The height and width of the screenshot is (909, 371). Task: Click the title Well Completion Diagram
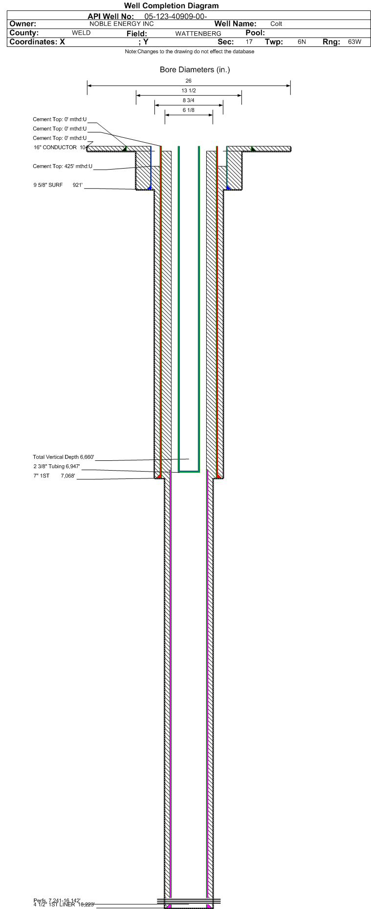pyautogui.click(x=171, y=6)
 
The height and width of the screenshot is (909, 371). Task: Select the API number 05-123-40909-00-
pyautogui.click(x=176, y=16)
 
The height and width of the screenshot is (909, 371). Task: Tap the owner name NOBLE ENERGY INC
pyautogui.click(x=122, y=24)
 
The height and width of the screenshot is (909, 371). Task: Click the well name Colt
pyautogui.click(x=276, y=24)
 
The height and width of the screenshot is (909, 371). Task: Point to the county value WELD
pyautogui.click(x=81, y=33)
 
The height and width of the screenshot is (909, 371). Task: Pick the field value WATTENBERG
pyautogui.click(x=198, y=34)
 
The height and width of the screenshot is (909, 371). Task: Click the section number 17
pyautogui.click(x=249, y=42)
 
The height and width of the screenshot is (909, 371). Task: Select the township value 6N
pyautogui.click(x=302, y=42)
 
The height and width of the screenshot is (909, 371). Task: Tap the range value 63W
pyautogui.click(x=354, y=42)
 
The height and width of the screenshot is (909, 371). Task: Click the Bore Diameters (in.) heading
pyautogui.click(x=195, y=70)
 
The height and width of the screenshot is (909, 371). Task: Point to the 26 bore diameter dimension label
pyautogui.click(x=189, y=81)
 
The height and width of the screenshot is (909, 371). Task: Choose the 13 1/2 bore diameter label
pyautogui.click(x=189, y=91)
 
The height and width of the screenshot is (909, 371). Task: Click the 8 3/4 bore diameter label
pyautogui.click(x=189, y=101)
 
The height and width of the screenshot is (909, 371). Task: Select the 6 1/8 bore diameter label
pyautogui.click(x=189, y=110)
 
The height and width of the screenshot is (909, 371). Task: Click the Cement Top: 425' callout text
pyautogui.click(x=63, y=167)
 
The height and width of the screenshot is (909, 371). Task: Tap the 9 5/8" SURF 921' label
pyautogui.click(x=58, y=185)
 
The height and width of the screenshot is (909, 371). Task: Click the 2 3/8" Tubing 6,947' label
pyautogui.click(x=57, y=467)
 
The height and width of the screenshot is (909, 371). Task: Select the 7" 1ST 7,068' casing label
pyautogui.click(x=54, y=476)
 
